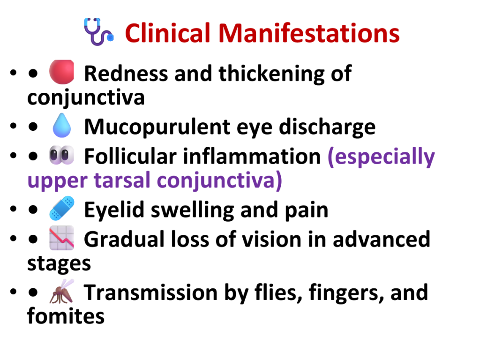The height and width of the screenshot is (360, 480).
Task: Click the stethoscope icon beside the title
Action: (x=98, y=32)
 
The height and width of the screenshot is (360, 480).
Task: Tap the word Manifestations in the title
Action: (x=309, y=33)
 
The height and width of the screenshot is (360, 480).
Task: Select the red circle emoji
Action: (x=62, y=72)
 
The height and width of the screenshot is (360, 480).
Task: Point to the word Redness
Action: (x=126, y=74)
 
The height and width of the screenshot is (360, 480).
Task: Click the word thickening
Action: (x=271, y=74)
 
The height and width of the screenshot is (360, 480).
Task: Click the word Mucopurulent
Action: (x=157, y=127)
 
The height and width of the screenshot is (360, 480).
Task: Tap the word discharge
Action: (x=327, y=127)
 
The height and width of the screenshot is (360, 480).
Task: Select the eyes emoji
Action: (x=61, y=155)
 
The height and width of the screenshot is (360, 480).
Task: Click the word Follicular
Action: (x=130, y=157)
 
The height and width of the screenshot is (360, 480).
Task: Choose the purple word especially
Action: (x=381, y=157)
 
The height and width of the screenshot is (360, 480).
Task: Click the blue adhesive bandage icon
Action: (x=62, y=208)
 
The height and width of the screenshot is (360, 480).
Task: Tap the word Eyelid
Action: (x=114, y=210)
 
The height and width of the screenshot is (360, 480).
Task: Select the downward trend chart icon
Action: (x=61, y=238)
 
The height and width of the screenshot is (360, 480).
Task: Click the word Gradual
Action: (x=124, y=239)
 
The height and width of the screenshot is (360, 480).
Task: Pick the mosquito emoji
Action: (x=61, y=291)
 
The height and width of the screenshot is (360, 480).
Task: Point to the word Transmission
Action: (x=150, y=292)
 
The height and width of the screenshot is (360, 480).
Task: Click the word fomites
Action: (x=66, y=316)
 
